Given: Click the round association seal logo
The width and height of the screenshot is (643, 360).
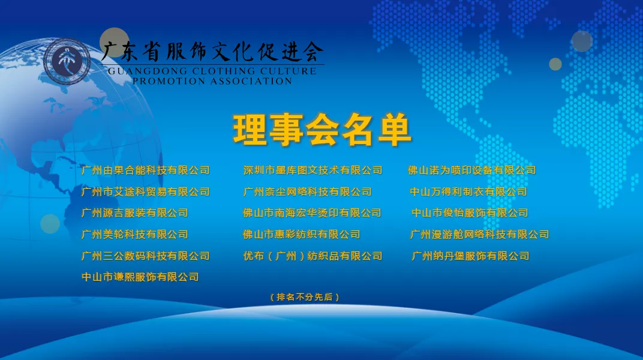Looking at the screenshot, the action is coord(67,62).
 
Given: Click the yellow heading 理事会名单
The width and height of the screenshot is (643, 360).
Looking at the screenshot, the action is coord(322,130).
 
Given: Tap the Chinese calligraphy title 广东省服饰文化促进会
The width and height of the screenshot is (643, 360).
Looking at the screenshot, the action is coord(212,52).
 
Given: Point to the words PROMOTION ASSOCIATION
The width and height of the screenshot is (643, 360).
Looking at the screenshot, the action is coord(212,81).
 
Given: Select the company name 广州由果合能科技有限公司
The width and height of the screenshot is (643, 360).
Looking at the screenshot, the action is coord(146,170).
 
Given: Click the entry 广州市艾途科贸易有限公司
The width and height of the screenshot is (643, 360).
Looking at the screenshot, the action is coord(146,191).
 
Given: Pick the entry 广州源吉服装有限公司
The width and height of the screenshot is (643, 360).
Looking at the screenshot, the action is coord(135,213).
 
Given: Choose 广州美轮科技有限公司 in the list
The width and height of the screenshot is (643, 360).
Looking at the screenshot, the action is coord(135,234).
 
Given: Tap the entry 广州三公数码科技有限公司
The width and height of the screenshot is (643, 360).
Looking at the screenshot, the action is coord(146,256).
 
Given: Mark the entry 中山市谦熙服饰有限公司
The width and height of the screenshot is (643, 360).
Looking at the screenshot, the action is coord(140,277).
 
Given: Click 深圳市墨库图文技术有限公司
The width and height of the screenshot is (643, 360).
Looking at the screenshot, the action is coord(313,170).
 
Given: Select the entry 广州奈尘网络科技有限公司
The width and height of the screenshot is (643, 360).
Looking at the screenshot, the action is coord(307,191).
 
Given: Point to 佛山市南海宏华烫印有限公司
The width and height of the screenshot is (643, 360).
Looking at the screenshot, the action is coord(312,213).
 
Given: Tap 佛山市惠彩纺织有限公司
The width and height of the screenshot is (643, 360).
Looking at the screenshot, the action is coord(301,234).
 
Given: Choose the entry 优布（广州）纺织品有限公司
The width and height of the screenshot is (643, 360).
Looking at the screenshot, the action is coord(313,256).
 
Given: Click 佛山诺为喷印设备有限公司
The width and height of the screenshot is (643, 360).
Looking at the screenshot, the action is coord(471,170).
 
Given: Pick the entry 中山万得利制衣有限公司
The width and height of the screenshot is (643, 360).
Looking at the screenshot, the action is coord(468,191).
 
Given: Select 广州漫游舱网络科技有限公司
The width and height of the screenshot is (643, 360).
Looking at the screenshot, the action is coord(479,234).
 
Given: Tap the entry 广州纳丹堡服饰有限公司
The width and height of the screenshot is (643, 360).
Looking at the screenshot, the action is coord(470,256).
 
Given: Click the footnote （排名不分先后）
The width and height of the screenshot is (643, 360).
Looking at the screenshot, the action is coord(305,297).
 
